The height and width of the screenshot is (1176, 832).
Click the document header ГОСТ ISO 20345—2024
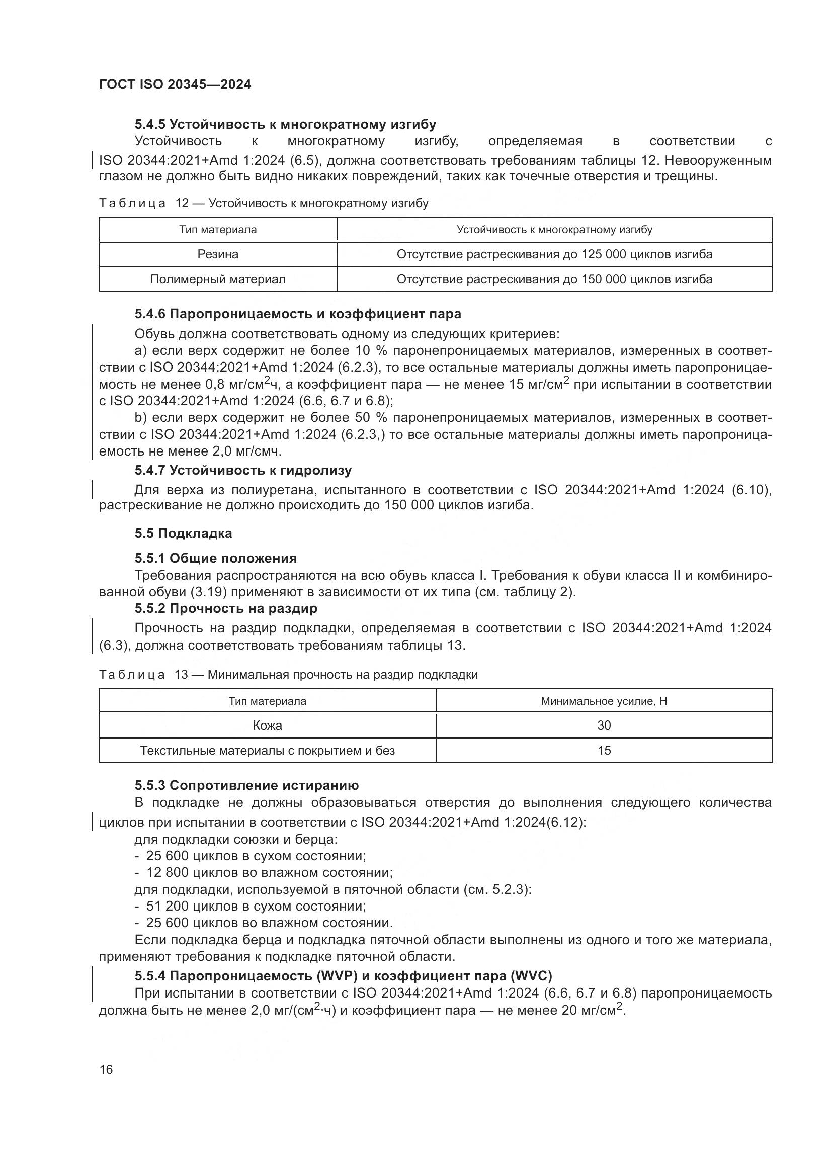pos(175,84)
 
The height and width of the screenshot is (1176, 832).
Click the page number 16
pos(106,1069)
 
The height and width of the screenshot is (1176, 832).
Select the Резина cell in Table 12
pos(218,254)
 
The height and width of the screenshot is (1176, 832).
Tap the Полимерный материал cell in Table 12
pos(218,279)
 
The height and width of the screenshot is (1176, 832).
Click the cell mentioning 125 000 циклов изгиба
pos(554,254)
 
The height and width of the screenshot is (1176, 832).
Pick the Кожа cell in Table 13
pos(267,726)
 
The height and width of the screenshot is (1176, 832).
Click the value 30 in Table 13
pos(604,726)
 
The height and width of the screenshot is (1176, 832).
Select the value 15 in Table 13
pos(604,750)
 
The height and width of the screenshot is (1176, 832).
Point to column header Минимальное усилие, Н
pos(604,701)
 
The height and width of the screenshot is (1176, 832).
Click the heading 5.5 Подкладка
pos(184,534)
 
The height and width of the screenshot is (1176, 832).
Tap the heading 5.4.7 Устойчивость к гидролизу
pos(243,470)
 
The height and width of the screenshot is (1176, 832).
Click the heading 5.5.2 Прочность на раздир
pos(226,608)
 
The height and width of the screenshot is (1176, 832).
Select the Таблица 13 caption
pos(288,675)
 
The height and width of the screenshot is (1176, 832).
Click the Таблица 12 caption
pos(263,203)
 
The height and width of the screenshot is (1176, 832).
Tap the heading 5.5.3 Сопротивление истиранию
pos(246,786)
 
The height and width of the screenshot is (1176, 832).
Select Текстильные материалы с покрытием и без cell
pos(267,750)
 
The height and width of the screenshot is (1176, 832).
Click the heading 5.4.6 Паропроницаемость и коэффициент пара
pos(298,313)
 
